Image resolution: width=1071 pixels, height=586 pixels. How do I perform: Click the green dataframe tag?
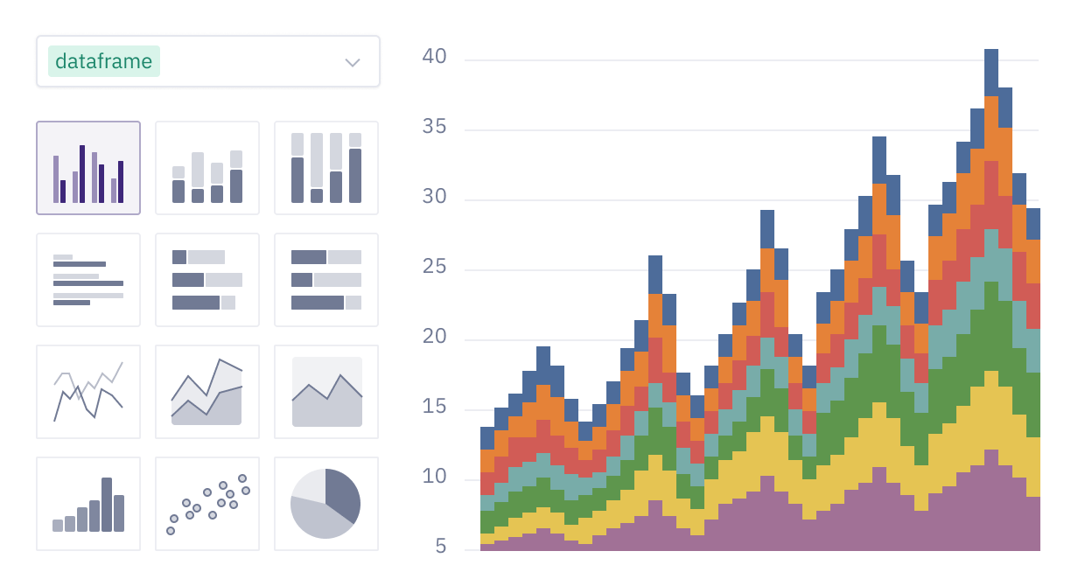tap(104, 61)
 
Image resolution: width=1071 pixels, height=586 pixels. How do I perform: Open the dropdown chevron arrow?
tap(353, 62)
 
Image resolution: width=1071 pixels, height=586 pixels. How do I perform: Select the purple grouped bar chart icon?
tap(88, 168)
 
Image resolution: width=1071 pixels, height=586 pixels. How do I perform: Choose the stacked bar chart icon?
tap(207, 168)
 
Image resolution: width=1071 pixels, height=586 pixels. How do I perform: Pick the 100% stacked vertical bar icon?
tap(326, 168)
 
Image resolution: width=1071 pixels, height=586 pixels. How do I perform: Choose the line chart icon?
tap(88, 392)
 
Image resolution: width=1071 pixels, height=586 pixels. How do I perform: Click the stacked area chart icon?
tap(207, 392)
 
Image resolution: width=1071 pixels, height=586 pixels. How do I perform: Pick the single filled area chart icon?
tap(326, 392)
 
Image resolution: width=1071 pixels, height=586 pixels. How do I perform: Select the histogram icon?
tap(88, 504)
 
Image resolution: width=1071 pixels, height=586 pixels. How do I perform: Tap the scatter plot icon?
tap(207, 504)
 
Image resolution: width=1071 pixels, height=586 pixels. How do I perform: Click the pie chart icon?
tap(326, 504)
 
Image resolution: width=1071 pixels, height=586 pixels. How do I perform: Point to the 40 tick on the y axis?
tap(434, 58)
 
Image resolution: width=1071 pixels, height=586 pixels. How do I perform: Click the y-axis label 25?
tap(434, 268)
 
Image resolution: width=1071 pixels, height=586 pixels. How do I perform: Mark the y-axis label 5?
tap(440, 548)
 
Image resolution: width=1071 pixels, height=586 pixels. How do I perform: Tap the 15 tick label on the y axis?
tap(434, 408)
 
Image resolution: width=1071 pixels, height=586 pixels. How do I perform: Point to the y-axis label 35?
tap(434, 128)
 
